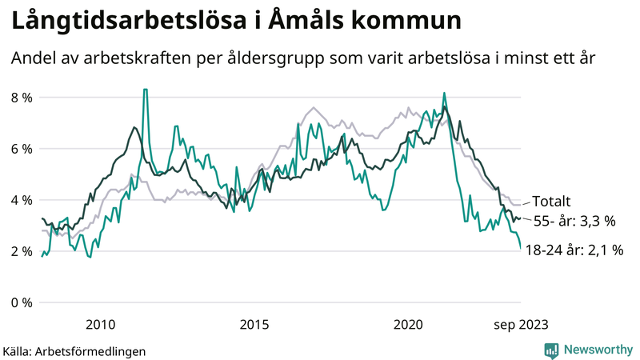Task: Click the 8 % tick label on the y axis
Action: [x=21, y=98]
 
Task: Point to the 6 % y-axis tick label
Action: [x=21, y=149]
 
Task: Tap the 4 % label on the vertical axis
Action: [x=21, y=200]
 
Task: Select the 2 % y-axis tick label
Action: [x=21, y=251]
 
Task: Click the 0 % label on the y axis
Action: [x=21, y=302]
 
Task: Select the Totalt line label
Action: [x=551, y=202]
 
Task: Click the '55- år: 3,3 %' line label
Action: [x=574, y=221]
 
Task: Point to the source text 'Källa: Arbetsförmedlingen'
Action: [x=74, y=350]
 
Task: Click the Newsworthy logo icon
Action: [x=551, y=350]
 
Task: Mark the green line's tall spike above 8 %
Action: [x=145, y=90]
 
